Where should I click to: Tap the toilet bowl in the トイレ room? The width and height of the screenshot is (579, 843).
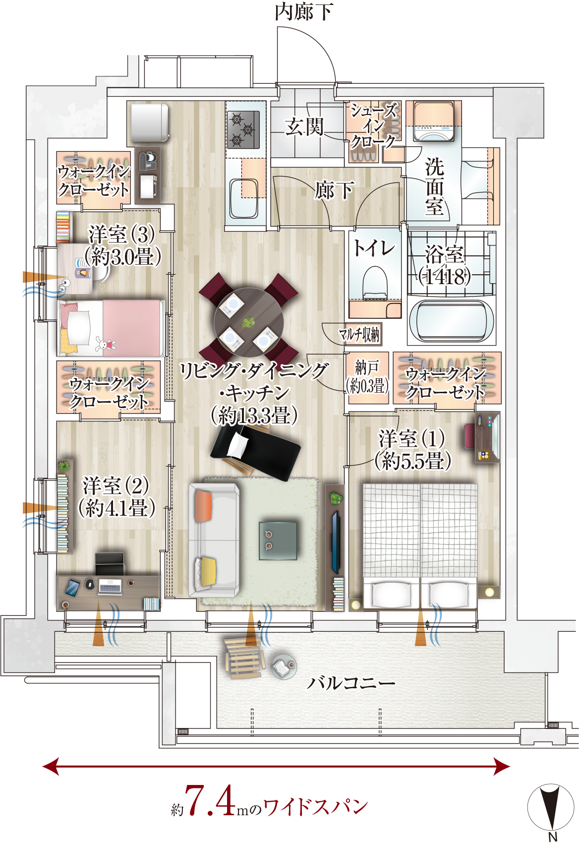pos(374,283)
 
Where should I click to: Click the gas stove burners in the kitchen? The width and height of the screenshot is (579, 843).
pos(243,129)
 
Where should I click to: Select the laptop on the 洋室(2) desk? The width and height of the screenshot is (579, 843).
pos(110,587)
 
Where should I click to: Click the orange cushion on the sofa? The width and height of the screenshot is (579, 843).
pos(203,505)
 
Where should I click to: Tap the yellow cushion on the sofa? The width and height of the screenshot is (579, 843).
pos(207,571)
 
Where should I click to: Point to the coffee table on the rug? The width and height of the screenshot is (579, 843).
pos(278,540)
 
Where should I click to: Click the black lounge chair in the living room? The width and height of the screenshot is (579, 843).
pos(255,451)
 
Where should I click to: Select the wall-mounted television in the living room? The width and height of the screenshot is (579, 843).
pos(336,542)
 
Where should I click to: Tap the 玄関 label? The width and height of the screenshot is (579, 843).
pos(304,127)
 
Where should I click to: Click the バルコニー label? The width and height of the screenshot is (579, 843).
pos(351,683)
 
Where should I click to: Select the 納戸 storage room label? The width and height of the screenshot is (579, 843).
pos(367,367)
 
